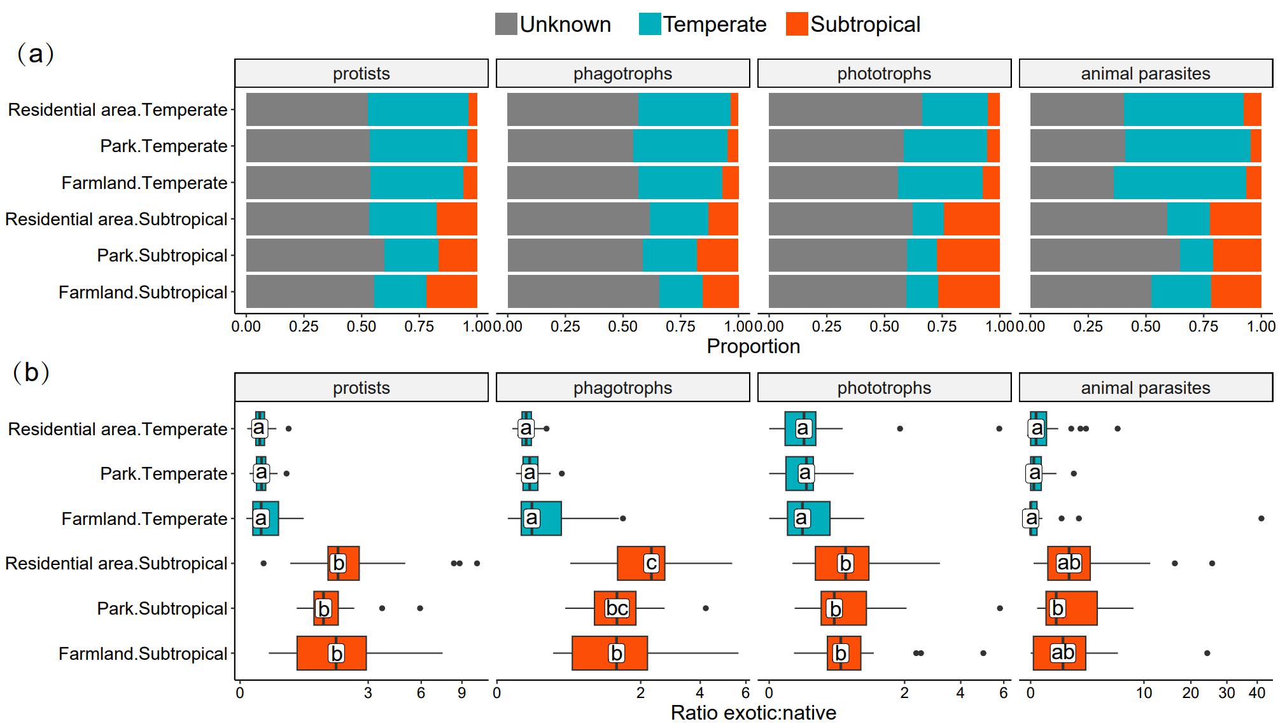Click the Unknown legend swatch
(x=506, y=24)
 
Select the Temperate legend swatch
(x=650, y=24)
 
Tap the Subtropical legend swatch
(x=797, y=24)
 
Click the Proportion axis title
(x=753, y=347)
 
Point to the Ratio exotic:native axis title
(x=753, y=713)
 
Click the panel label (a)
(x=36, y=53)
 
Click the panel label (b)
(x=31, y=372)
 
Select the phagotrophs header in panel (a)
(x=622, y=74)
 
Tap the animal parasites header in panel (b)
(x=1146, y=388)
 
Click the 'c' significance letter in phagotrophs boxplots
(x=651, y=563)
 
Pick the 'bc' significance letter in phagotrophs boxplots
(x=617, y=608)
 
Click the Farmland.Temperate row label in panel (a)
(x=144, y=183)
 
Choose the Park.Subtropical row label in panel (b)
(x=162, y=609)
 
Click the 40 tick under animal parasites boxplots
(x=1257, y=693)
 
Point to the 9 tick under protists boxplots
(x=462, y=693)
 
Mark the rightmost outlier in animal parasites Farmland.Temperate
(x=1261, y=519)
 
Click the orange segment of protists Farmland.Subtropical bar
(x=452, y=292)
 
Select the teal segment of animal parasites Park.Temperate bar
(x=1188, y=146)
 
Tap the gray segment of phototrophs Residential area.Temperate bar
(x=845, y=109)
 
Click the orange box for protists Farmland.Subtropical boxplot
(x=315, y=653)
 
